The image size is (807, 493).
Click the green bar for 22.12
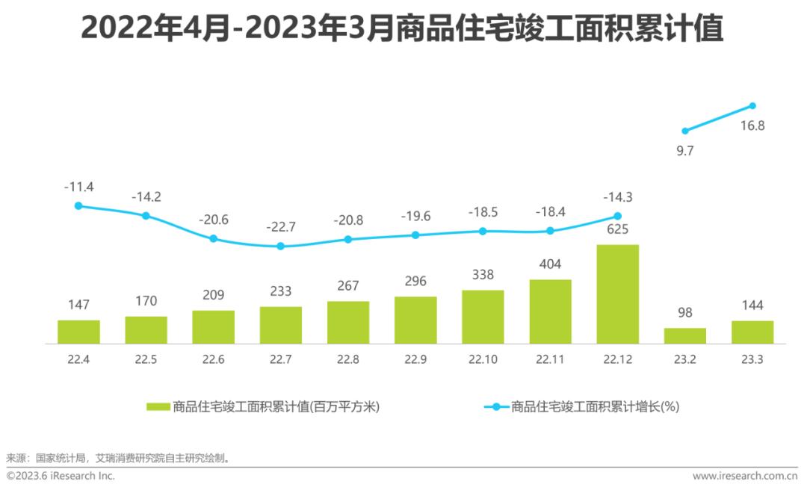(x=618, y=294)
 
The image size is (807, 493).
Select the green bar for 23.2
(x=685, y=335)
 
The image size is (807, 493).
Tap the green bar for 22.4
(x=78, y=332)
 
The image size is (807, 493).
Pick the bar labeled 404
(x=551, y=311)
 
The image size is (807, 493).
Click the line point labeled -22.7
(x=281, y=246)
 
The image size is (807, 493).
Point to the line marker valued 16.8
(x=752, y=106)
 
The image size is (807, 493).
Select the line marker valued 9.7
(x=685, y=131)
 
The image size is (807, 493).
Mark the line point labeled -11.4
(x=78, y=205)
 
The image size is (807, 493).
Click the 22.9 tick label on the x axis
(x=415, y=359)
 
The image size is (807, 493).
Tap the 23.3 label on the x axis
(x=752, y=359)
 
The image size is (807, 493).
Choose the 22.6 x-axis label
(x=213, y=359)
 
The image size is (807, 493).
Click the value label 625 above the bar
(x=617, y=229)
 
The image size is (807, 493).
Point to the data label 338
(x=483, y=274)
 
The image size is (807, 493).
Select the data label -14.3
(x=617, y=197)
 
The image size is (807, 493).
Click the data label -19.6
(x=415, y=216)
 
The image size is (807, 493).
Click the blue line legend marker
(x=496, y=407)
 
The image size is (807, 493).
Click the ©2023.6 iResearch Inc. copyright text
(x=61, y=476)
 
